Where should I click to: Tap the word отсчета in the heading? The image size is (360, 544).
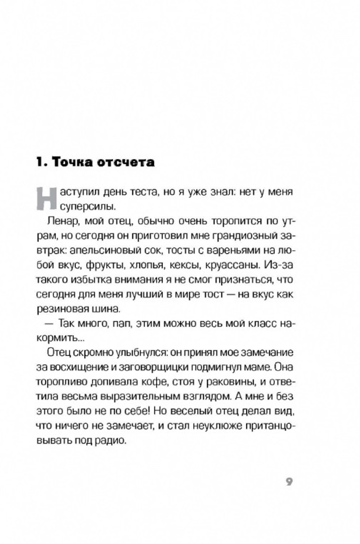(126, 162)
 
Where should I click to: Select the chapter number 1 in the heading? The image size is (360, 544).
(41, 162)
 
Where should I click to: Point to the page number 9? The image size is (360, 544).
(289, 482)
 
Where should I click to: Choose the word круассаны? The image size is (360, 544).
(232, 265)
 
